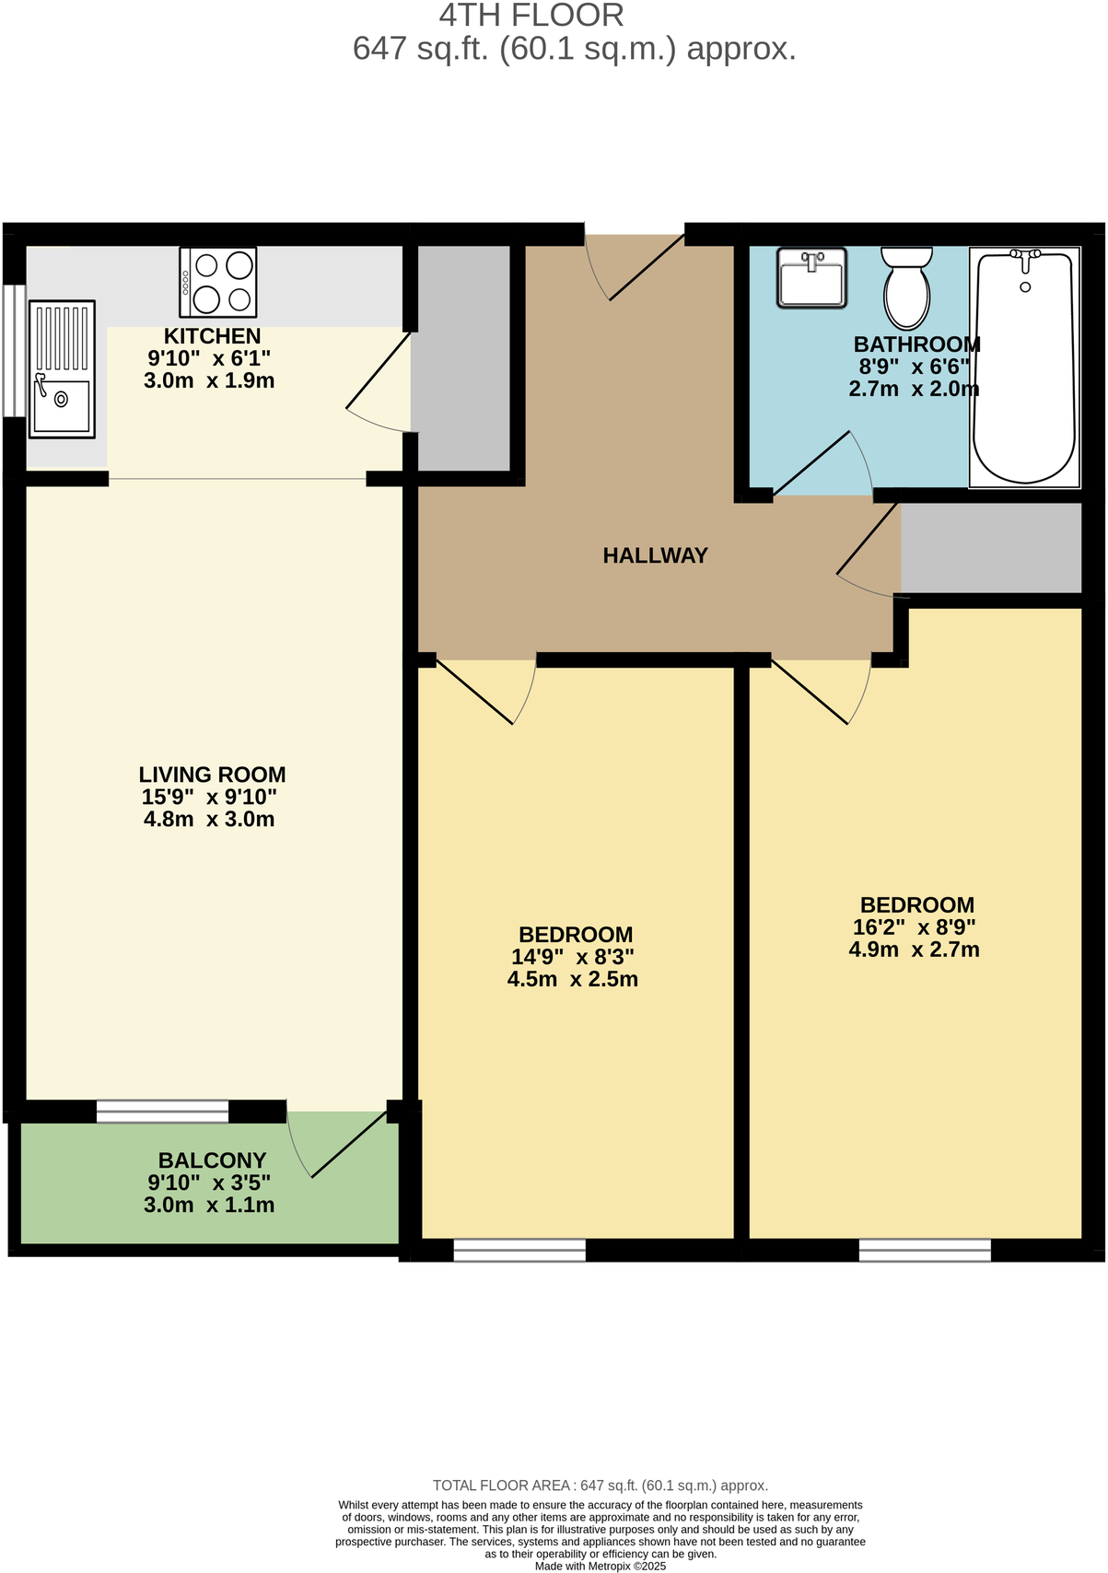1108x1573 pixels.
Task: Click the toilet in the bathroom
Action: tap(906, 287)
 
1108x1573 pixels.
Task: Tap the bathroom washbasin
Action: tap(811, 278)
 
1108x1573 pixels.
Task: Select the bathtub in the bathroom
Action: tap(1024, 367)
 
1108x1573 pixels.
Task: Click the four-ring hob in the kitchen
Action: tap(218, 283)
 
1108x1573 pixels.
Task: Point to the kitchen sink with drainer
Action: tap(62, 368)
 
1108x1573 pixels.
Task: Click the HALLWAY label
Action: tap(655, 555)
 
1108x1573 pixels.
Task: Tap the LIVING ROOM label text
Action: tap(212, 775)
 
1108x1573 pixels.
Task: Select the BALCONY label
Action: tap(212, 1160)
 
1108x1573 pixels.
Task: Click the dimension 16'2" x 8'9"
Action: tap(914, 927)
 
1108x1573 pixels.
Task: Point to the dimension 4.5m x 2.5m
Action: tap(572, 979)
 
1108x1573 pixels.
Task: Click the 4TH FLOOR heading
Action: tap(531, 16)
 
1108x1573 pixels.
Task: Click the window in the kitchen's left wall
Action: tap(13, 350)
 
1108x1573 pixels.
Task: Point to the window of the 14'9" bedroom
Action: tap(519, 1250)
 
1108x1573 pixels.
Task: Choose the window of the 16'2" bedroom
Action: tap(925, 1250)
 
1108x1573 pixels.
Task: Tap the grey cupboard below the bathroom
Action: tap(990, 547)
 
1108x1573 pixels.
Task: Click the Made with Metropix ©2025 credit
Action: tap(600, 1566)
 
